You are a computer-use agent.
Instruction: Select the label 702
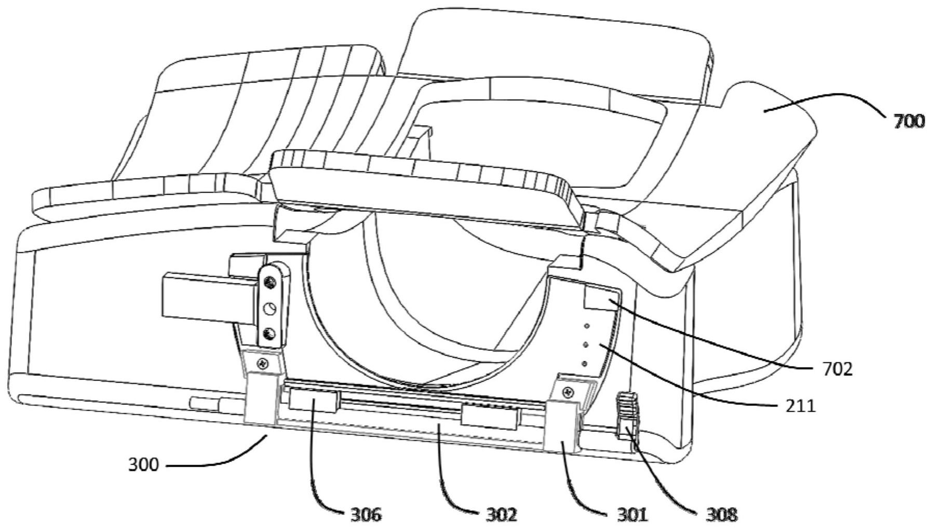838,369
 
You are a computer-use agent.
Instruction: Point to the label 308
722,514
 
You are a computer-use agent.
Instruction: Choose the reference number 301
632,514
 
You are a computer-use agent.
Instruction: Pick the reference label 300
143,464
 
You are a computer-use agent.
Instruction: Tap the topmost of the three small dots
587,326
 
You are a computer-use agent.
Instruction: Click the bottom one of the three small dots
585,364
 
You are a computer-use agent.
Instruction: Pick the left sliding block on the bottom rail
313,401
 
